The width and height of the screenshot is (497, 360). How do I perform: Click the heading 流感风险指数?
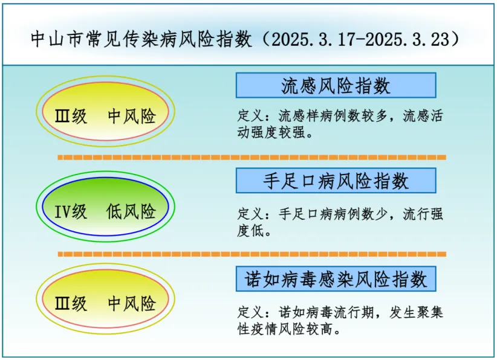pos(336,86)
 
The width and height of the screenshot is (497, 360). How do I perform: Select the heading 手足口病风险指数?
pos(336,181)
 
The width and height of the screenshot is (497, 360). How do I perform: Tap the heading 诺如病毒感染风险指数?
pos(336,280)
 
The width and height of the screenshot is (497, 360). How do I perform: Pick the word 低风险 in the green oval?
pos(131,211)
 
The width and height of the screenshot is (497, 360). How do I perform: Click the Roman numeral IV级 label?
pos(70,211)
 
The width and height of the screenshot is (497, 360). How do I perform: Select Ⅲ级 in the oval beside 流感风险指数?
pos(71,116)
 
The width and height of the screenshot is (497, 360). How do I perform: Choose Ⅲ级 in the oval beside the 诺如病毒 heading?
pos(71,303)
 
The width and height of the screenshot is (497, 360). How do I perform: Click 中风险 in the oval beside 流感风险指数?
pos(132,116)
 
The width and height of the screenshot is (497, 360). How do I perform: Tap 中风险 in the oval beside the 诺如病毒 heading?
pos(132,303)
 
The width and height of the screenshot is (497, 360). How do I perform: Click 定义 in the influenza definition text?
pos(250,115)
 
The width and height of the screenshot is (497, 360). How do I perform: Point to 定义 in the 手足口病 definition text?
pos(250,214)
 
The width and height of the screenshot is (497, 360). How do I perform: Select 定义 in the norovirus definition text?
pos(250,312)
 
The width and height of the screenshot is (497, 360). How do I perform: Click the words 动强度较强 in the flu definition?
pos(271,132)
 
